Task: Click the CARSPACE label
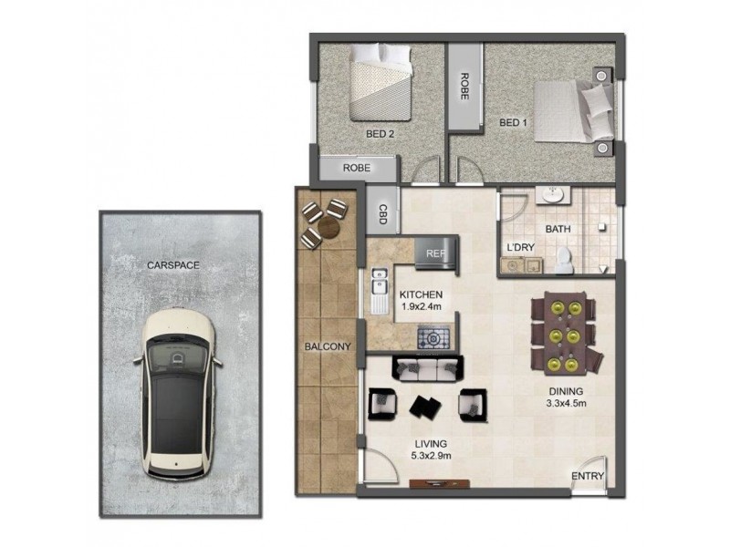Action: coord(172,265)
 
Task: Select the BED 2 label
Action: coord(380,134)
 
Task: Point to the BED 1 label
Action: coord(514,122)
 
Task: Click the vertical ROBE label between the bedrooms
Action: coord(464,87)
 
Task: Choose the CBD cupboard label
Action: coord(382,215)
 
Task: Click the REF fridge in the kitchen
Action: coord(433,253)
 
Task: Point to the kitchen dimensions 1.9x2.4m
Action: coord(421,308)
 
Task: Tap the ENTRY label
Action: coord(586,476)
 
